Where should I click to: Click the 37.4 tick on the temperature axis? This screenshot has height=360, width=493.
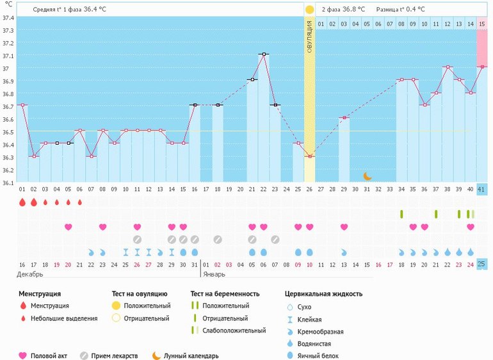[x=8, y=18]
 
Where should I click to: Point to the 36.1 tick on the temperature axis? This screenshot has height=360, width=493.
[x=8, y=183]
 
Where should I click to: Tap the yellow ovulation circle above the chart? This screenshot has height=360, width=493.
[x=310, y=10]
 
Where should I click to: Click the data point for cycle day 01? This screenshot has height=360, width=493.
[x=22, y=105]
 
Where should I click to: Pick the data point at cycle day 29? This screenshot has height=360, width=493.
[x=344, y=118]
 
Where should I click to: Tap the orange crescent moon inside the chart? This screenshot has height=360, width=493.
[x=368, y=176]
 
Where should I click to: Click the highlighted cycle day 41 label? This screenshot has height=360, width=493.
[x=482, y=190]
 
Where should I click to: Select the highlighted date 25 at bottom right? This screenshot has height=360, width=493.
[x=482, y=264]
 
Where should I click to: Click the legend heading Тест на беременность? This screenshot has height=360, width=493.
[x=224, y=294]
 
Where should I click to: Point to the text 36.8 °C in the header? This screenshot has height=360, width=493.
[x=352, y=10]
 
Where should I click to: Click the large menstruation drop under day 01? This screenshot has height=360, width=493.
[x=22, y=202]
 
